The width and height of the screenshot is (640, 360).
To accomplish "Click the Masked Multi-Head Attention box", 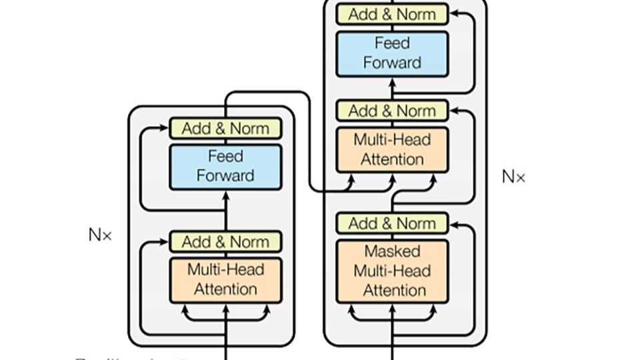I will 392,271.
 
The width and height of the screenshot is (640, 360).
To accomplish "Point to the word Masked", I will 392,252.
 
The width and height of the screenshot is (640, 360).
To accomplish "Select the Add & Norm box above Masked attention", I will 392,223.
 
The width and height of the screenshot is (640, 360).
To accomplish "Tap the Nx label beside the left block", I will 101,235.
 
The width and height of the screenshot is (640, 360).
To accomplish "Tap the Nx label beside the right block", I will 513,177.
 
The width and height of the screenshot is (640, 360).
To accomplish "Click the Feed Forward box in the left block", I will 225,167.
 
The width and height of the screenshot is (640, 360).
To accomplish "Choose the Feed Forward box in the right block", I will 392,53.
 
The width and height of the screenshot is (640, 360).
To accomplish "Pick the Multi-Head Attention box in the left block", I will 225,280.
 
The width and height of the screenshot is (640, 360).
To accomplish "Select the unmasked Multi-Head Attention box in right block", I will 392,149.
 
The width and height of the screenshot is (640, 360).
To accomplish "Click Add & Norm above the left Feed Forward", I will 225,129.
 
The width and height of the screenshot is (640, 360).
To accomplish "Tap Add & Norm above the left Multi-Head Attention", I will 225,241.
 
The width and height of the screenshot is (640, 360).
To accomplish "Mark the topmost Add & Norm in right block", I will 392,14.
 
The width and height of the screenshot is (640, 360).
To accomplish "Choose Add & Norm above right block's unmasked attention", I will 392,111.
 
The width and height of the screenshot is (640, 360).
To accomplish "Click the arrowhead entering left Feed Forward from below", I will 225,195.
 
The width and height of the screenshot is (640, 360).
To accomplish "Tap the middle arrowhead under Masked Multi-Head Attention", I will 392,308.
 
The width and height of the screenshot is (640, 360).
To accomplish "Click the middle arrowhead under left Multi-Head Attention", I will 225,308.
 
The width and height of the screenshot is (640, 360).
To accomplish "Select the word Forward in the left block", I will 225,176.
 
